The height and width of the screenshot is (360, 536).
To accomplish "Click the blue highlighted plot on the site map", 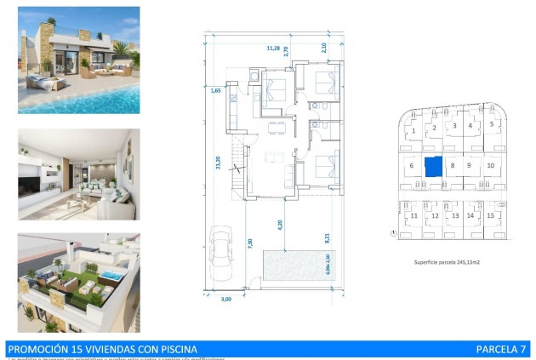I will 433,165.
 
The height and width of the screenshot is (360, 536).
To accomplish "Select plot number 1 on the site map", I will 413,131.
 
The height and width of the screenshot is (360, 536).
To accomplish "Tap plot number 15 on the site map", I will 490,215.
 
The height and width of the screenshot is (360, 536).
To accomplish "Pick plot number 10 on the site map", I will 491,165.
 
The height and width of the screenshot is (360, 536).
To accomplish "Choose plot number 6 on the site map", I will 411,165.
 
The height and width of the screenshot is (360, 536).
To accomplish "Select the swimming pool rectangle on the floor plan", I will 294,266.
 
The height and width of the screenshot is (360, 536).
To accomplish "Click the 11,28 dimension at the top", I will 273,48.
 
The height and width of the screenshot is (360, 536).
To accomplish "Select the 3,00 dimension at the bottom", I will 225,300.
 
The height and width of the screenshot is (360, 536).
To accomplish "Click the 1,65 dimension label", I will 215,89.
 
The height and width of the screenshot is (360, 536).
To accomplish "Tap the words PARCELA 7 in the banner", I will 502,349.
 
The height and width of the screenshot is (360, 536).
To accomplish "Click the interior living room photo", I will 78,174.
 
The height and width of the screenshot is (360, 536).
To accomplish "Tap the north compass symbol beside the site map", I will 392,232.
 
